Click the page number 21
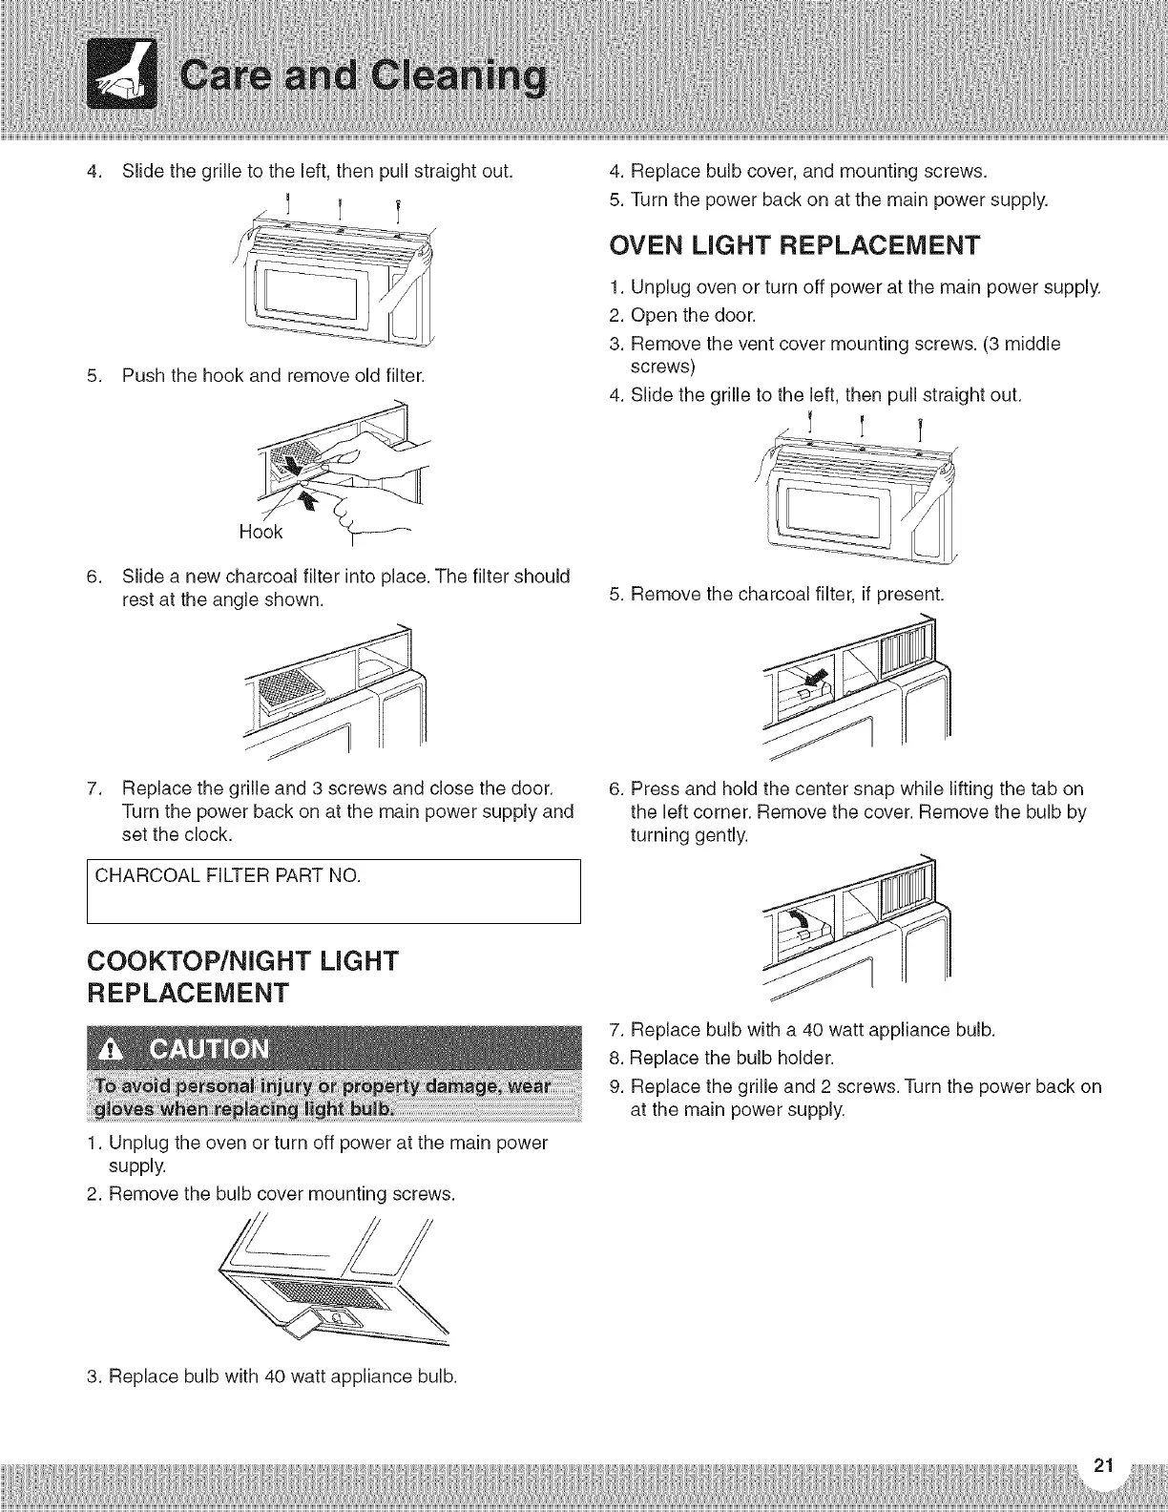(1103, 1466)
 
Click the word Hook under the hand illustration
(261, 532)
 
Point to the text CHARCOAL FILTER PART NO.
(226, 874)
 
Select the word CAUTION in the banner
(211, 1049)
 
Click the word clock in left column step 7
(210, 834)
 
